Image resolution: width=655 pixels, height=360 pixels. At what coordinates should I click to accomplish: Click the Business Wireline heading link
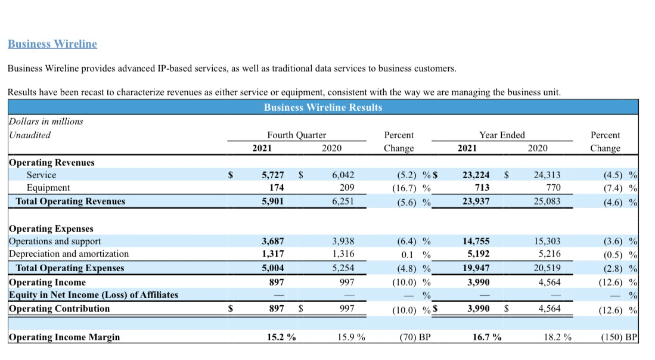52,44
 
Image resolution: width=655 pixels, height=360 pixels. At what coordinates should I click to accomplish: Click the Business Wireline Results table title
322,107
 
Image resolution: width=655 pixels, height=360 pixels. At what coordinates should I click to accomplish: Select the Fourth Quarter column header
296,135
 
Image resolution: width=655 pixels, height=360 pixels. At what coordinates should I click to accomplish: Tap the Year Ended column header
502,135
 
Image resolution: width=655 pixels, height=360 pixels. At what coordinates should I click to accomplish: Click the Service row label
41,175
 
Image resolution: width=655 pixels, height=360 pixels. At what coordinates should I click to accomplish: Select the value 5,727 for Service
273,175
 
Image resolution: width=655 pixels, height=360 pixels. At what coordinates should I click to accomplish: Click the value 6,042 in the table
343,175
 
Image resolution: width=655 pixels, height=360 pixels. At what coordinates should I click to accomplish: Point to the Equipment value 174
276,188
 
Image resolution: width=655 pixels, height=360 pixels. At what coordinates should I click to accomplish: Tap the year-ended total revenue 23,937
476,201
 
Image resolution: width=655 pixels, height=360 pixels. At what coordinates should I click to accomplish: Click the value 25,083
548,201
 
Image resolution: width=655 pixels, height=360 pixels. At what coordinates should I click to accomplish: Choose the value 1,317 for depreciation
273,255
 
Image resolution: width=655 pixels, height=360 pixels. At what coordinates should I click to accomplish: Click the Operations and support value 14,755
476,241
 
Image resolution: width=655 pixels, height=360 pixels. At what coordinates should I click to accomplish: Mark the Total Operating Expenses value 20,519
548,268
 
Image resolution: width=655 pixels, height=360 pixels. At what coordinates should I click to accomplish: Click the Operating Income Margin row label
64,337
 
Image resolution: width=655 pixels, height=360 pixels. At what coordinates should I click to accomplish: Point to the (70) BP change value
415,337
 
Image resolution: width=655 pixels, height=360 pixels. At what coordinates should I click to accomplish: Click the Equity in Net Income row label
93,295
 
